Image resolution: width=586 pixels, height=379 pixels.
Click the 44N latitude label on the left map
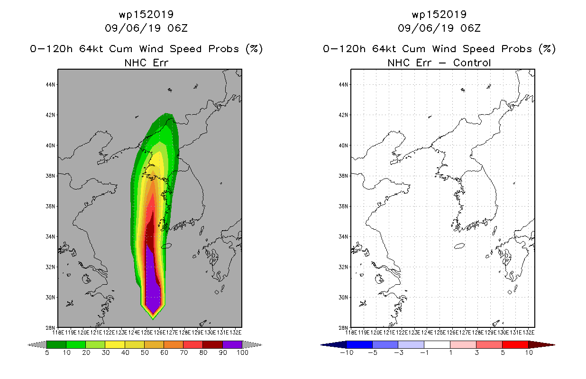[x=50, y=85]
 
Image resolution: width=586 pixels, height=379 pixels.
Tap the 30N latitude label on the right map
[x=343, y=298]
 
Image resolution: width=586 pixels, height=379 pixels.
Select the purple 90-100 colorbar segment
[x=232, y=344]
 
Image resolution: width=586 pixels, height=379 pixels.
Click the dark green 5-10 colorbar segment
[x=56, y=344]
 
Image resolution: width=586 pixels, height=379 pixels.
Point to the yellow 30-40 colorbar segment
[x=115, y=344]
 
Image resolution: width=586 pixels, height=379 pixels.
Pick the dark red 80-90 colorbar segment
[x=213, y=344]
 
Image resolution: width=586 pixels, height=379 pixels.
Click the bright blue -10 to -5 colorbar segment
[x=359, y=344]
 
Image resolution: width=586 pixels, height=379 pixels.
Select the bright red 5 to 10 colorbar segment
[x=515, y=344]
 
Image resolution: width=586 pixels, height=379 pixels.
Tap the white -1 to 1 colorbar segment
[x=437, y=344]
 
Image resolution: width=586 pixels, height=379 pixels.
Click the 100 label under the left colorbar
[x=243, y=352]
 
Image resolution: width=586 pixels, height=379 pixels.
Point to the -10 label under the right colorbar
[x=347, y=352]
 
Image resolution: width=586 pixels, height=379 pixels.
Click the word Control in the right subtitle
[x=472, y=63]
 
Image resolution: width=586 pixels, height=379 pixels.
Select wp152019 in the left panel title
[x=146, y=15]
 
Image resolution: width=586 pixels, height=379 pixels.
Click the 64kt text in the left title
[x=91, y=49]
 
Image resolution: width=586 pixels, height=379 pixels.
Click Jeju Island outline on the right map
[x=459, y=246]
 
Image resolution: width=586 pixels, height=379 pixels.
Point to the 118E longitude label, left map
[x=58, y=333]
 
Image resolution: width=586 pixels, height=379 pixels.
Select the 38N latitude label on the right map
[x=343, y=176]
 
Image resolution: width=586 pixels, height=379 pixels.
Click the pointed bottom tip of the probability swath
[x=153, y=319]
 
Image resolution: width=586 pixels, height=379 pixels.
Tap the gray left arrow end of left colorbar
[x=37, y=345]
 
